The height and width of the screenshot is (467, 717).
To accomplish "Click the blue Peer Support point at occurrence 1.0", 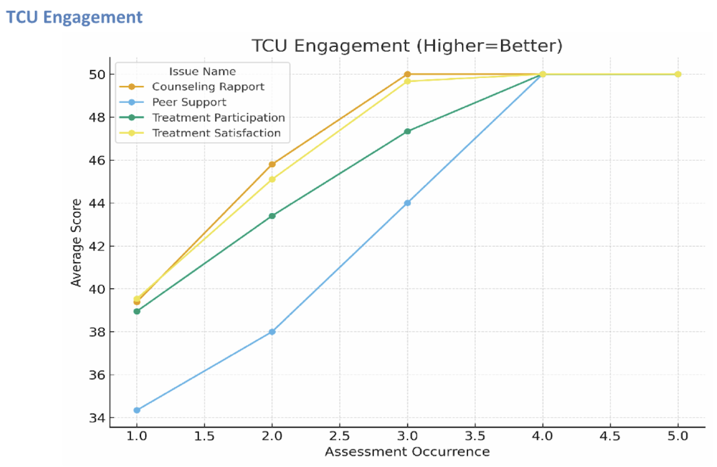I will (137, 410).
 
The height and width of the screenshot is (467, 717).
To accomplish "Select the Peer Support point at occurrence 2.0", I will (272, 331).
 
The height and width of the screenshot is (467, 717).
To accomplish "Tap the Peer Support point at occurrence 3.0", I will (407, 203).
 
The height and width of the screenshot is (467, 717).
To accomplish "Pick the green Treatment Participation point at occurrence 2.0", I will (272, 216).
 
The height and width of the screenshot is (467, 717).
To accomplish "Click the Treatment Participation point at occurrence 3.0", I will (407, 131).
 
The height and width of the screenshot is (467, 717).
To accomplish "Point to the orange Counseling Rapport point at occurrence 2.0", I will (272, 164).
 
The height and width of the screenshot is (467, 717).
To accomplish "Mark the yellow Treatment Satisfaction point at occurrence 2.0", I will (272, 179).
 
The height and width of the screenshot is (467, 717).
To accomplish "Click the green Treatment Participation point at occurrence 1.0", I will (137, 311).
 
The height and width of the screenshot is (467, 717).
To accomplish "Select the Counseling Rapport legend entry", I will (208, 87).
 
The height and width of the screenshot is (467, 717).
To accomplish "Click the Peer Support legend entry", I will (189, 102).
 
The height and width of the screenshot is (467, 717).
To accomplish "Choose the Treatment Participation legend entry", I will (218, 118).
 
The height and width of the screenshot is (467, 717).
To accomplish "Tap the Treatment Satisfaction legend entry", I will (216, 133).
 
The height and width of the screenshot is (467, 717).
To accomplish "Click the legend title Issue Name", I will (202, 72).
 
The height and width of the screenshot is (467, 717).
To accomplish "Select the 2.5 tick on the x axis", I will (340, 437).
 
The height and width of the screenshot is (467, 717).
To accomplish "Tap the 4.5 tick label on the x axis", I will (610, 437).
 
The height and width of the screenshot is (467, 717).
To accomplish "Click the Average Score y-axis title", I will (76, 246).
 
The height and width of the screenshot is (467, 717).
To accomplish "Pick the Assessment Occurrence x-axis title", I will (407, 452).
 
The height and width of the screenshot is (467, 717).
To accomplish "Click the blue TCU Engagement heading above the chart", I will (75, 17).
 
